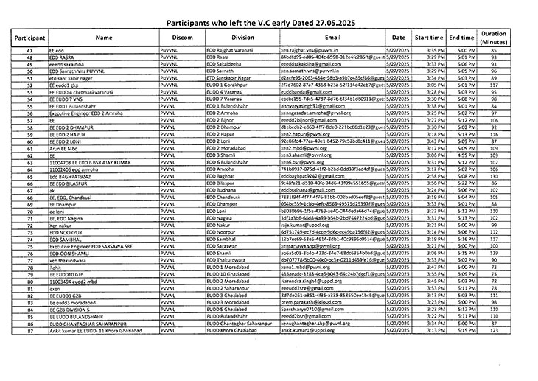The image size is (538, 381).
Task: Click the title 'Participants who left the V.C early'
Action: [x=268, y=23]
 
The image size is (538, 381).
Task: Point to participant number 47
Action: [x=30, y=49]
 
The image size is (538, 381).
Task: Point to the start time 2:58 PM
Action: [x=435, y=176]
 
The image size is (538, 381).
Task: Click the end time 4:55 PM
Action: [x=464, y=155]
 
